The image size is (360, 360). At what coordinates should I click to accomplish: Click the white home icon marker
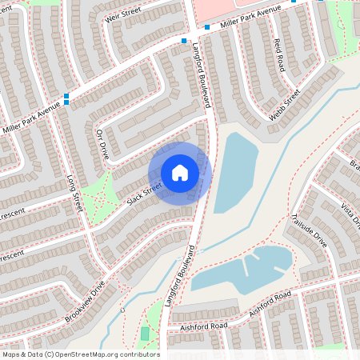click(180, 173)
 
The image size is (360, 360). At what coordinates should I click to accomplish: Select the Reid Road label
click(279, 55)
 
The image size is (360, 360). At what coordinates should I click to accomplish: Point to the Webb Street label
click(284, 105)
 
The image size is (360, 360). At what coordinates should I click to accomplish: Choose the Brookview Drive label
click(86, 300)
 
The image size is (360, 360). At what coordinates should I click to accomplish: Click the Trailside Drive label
click(310, 230)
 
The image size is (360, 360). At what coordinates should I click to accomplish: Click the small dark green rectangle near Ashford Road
click(145, 334)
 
